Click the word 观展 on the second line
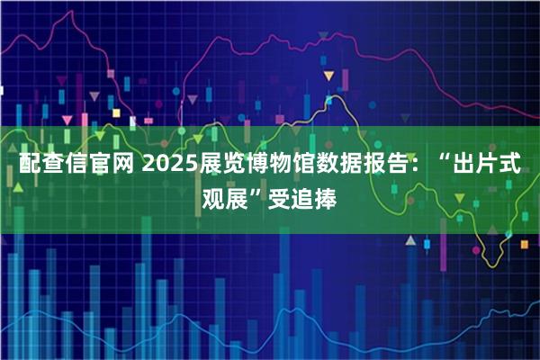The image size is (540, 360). point(229,197)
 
